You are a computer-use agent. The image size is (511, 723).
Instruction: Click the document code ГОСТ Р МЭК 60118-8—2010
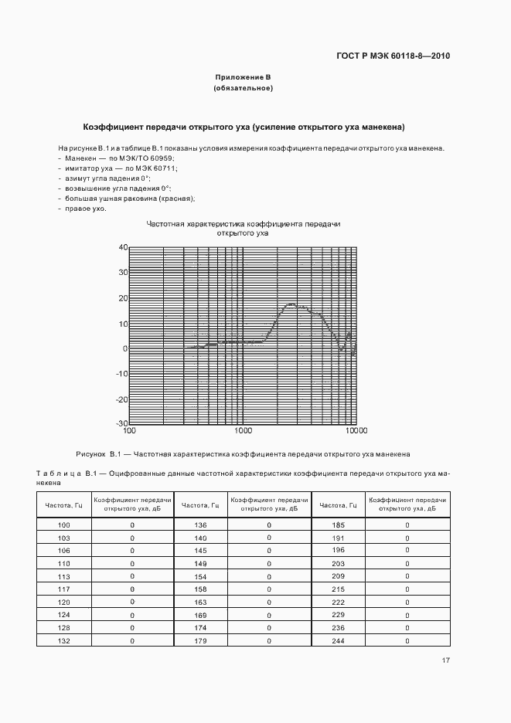(x=393, y=56)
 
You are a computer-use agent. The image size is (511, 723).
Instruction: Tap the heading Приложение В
(x=243, y=77)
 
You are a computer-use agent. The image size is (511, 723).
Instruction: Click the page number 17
(x=446, y=660)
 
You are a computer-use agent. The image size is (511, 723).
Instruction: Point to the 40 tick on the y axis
(x=122, y=247)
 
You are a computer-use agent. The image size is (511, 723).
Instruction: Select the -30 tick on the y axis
(x=121, y=423)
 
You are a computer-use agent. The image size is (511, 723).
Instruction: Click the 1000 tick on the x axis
(x=243, y=431)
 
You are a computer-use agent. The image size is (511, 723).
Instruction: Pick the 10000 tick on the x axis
(x=356, y=431)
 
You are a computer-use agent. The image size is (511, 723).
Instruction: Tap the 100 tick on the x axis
(x=130, y=431)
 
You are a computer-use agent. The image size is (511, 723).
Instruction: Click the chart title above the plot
(x=243, y=228)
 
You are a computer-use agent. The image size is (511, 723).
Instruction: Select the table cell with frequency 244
(x=336, y=641)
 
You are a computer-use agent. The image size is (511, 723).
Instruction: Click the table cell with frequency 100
(x=64, y=525)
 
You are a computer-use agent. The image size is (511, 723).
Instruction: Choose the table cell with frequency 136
(x=200, y=525)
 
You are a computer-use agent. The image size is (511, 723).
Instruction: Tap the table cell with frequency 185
(x=336, y=525)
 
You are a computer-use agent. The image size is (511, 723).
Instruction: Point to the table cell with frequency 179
(x=200, y=641)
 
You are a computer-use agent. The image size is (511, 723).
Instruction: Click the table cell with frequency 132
(x=64, y=641)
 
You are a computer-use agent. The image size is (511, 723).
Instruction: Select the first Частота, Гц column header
(x=64, y=505)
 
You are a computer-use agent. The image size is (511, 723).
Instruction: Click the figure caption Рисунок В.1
(x=243, y=454)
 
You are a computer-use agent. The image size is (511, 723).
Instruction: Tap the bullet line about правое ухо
(x=83, y=209)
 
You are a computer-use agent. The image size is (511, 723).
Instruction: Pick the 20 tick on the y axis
(x=122, y=297)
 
